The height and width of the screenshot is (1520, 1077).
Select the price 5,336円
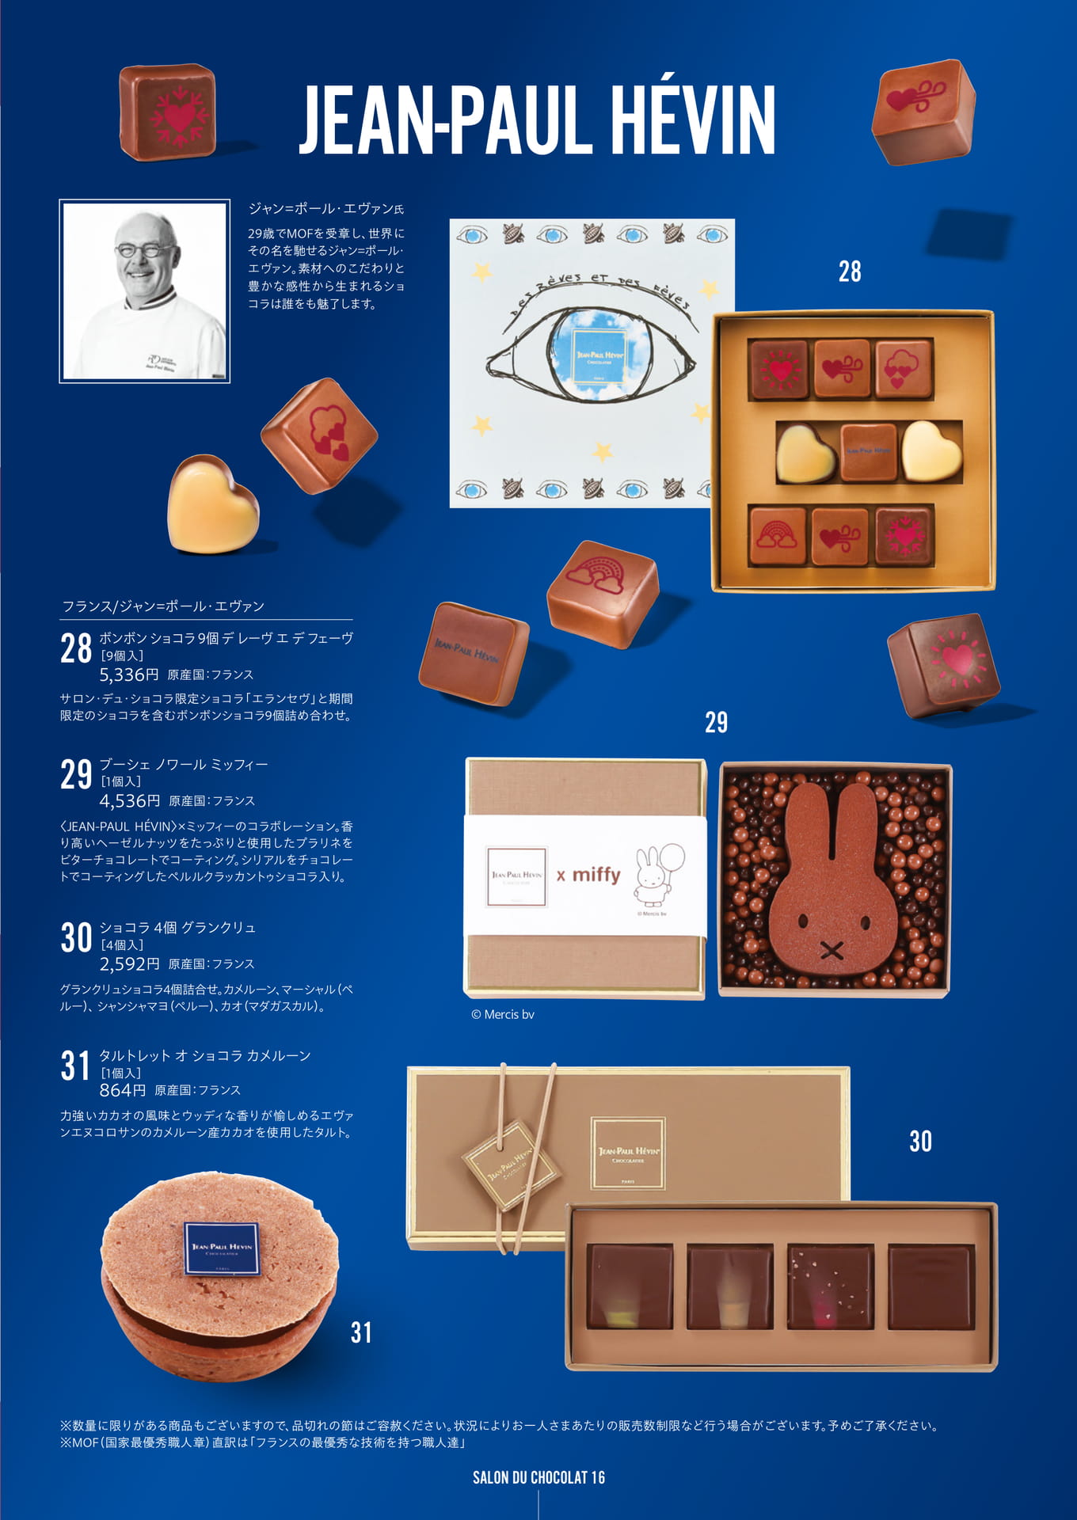pos(129,675)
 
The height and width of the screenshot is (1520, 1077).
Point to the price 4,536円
pos(130,801)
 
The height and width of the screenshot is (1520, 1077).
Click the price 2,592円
pos(129,964)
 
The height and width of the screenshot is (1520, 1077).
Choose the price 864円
pos(123,1090)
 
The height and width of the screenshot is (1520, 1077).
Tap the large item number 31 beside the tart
pos(361,1332)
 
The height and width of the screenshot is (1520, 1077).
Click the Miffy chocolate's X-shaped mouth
pos(831,950)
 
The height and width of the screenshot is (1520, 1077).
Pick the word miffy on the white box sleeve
pos(596,874)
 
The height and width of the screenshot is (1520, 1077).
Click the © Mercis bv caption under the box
pos(503,1014)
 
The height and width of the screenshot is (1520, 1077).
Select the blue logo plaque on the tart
pos(222,1248)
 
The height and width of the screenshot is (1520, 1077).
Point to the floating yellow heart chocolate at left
pos(212,504)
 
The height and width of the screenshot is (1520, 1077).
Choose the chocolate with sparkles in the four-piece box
pos(831,1286)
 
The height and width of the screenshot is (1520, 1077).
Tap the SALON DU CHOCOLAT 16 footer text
pos(538,1477)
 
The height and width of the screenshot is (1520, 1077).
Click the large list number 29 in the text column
pos(76,774)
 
